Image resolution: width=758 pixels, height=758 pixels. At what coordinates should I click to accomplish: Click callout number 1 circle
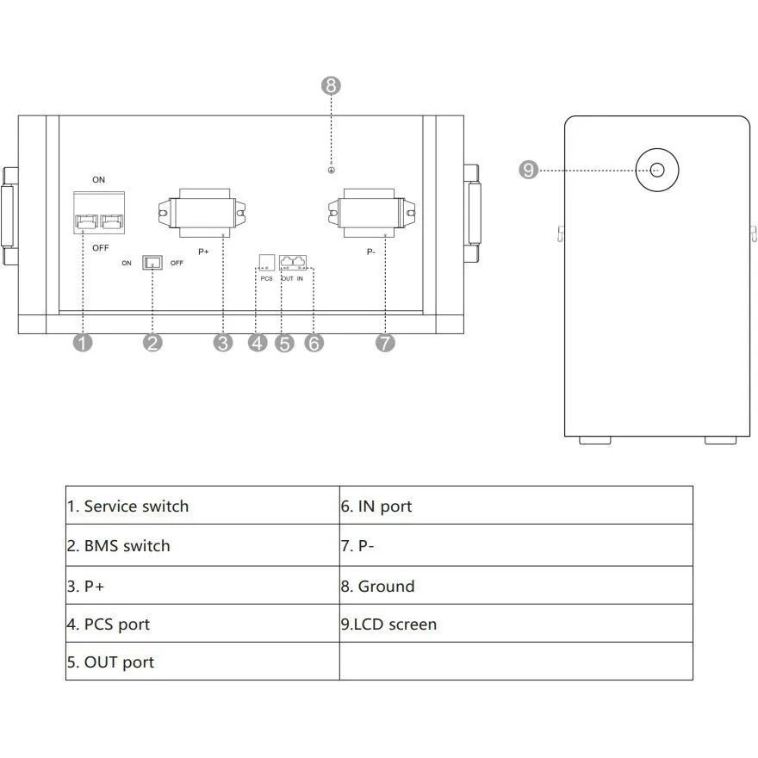(83, 343)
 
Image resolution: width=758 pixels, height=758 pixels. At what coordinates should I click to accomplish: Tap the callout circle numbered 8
(331, 85)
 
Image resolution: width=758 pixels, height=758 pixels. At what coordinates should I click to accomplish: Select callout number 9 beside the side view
(528, 171)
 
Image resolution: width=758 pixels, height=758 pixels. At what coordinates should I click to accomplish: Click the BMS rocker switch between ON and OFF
(152, 263)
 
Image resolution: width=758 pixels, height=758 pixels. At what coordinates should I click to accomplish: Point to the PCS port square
(267, 263)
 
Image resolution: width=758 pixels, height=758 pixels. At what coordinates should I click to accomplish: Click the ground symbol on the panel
(331, 171)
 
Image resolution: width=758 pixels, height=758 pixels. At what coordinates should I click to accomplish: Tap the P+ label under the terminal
(203, 252)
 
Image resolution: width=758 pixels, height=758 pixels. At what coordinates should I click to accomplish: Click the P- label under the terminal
(370, 252)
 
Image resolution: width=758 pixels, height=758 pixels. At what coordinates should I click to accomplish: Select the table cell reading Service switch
(202, 506)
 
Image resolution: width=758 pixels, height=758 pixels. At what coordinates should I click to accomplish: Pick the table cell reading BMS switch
(202, 545)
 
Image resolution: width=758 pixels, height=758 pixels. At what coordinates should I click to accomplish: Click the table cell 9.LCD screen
(516, 624)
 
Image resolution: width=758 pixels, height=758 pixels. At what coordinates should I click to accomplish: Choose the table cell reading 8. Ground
(516, 586)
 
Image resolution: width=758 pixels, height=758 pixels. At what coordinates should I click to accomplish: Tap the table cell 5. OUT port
(202, 662)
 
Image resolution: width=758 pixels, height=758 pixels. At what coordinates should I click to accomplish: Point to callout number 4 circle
(258, 343)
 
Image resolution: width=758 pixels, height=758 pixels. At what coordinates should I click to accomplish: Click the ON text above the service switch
(98, 180)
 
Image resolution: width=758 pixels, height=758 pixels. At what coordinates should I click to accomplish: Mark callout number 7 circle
(385, 343)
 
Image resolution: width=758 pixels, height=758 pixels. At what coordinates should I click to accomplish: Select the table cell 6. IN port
(516, 506)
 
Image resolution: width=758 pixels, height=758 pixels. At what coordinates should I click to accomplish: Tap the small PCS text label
(266, 279)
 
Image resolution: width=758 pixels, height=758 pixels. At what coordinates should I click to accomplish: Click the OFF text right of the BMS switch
(177, 263)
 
